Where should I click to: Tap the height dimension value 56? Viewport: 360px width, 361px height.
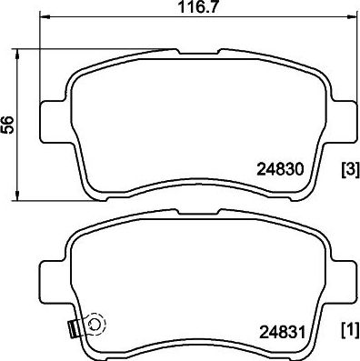[x=9, y=125]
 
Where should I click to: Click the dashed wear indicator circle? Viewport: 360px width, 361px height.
[x=94, y=322]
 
